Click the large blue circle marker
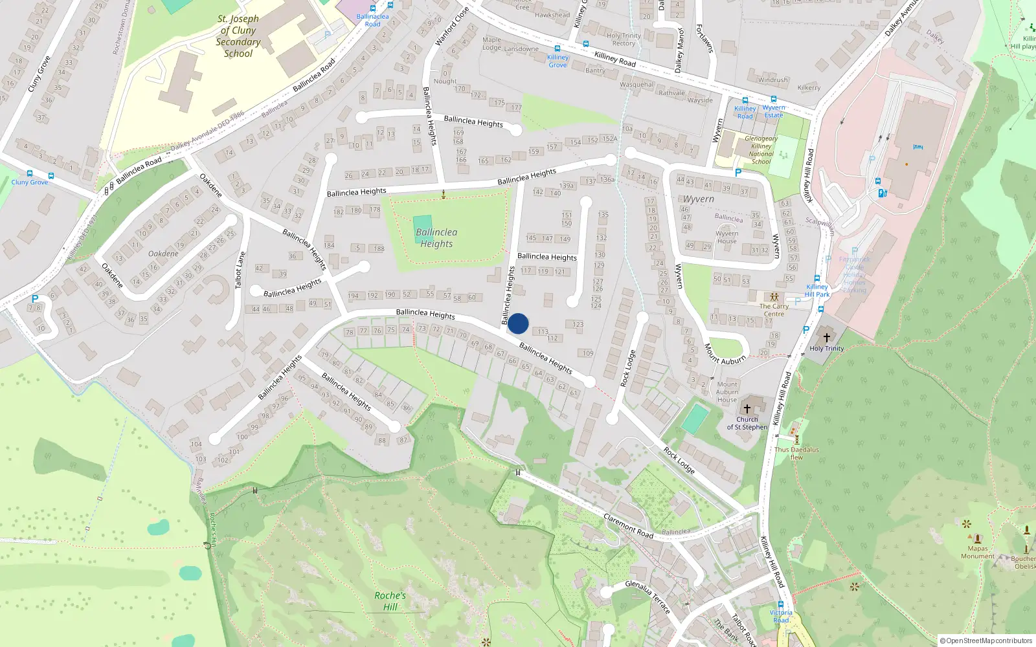click(518, 323)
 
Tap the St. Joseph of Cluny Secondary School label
click(238, 36)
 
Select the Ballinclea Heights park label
click(436, 237)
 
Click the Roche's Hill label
click(390, 601)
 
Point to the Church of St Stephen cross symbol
click(747, 409)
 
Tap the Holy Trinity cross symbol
click(826, 338)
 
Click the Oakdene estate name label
click(163, 254)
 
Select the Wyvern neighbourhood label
click(699, 199)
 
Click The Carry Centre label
click(774, 310)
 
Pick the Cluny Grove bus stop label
click(30, 182)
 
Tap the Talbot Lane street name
click(241, 270)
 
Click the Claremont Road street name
click(628, 526)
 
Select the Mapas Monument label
click(978, 552)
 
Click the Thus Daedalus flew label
click(796, 453)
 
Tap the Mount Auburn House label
click(727, 392)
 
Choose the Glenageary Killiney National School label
click(761, 150)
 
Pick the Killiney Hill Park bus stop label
click(817, 291)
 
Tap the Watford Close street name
click(451, 27)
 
